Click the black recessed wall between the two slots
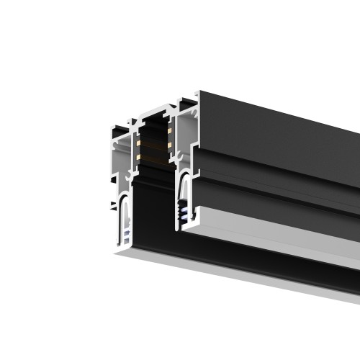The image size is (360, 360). coord(155,216)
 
